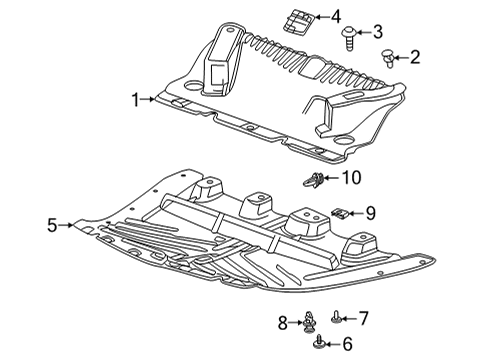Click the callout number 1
point(133,99)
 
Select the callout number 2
point(415,58)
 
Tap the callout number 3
point(378,32)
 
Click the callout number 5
point(52,225)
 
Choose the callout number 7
point(363,318)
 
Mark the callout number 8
point(283,322)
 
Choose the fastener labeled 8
point(311,322)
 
